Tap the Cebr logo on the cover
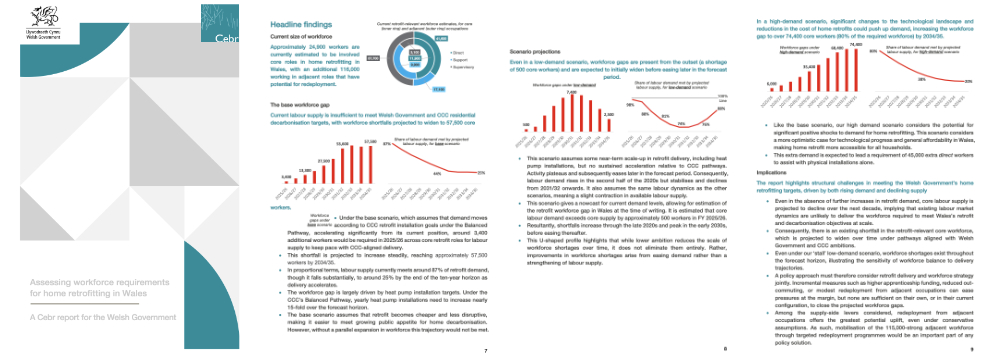tap(225, 42)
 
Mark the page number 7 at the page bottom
tap(485, 352)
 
